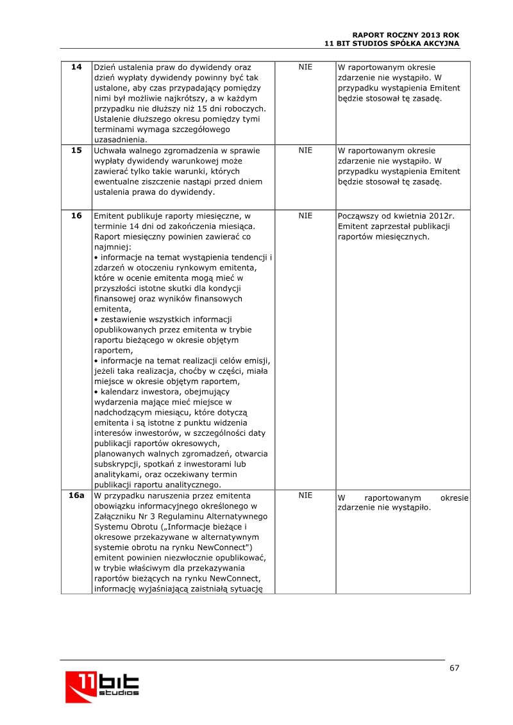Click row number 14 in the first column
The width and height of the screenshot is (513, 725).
point(76,67)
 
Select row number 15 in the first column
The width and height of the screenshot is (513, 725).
point(76,150)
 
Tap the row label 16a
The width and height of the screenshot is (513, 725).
point(76,496)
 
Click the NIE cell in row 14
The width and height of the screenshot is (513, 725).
point(305,67)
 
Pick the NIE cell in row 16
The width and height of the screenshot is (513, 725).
point(305,215)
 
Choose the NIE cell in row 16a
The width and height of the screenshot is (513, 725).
point(305,496)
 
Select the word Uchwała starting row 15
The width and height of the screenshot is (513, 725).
point(111,150)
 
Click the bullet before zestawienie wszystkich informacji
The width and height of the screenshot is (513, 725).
point(96,319)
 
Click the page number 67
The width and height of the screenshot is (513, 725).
point(454,668)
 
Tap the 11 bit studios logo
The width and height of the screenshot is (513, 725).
point(102,685)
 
